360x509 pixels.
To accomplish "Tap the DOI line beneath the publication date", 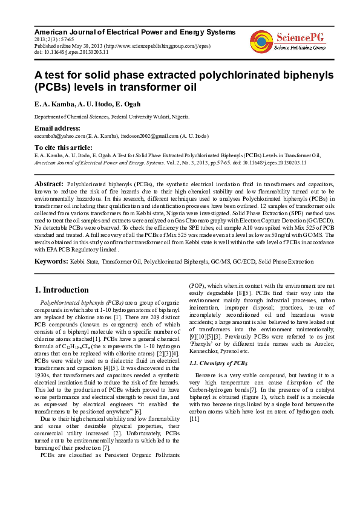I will pyautogui.click(x=71, y=52).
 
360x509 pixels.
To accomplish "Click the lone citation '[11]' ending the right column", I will pyautogui.click(x=194, y=418).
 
